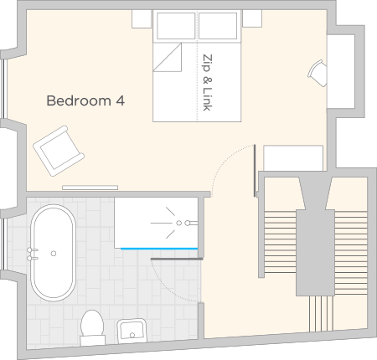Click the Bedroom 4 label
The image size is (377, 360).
tap(85, 100)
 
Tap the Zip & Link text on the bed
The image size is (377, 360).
tap(207, 83)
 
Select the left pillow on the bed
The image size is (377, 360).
tap(176, 26)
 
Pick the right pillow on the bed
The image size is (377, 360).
tap(218, 26)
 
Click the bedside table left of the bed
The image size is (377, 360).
tap(142, 18)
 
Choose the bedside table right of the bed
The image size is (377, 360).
tap(252, 18)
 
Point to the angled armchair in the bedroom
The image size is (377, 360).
tap(59, 151)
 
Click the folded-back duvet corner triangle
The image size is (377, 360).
tap(168, 57)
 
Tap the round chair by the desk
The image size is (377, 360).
tap(318, 73)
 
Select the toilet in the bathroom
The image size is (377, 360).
tap(92, 328)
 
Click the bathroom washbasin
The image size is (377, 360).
tap(132, 331)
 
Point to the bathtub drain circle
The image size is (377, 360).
tap(54, 254)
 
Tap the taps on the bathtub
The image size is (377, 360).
tap(32, 254)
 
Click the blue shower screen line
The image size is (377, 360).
tap(159, 249)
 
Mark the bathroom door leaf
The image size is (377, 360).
tap(177, 259)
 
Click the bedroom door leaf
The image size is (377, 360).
tap(255, 171)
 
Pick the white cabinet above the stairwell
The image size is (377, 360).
tap(293, 157)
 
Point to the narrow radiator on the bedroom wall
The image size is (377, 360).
tap(90, 188)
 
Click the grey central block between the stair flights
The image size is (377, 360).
tap(315, 253)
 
